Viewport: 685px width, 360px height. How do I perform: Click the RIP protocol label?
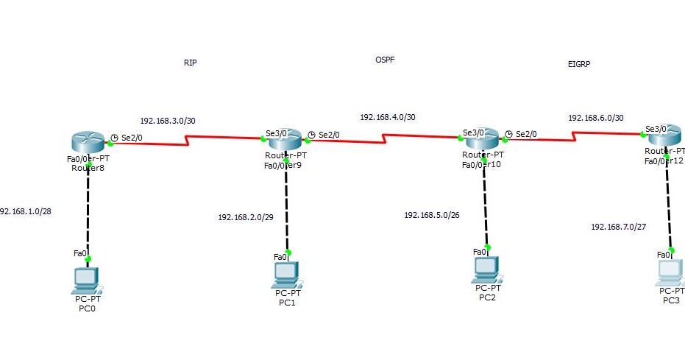pyautogui.click(x=190, y=63)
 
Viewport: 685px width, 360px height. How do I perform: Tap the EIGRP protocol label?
pyautogui.click(x=579, y=64)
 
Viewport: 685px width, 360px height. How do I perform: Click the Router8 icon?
pyautogui.click(x=88, y=141)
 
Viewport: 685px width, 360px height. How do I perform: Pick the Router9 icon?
pyautogui.click(x=285, y=138)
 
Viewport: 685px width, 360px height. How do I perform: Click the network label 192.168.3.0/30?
pyautogui.click(x=168, y=121)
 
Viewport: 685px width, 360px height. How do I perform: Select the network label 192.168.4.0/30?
pyautogui.click(x=388, y=117)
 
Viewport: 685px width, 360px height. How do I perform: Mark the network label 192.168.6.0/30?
pyautogui.click(x=596, y=118)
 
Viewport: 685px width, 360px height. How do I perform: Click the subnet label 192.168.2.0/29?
pyautogui.click(x=246, y=217)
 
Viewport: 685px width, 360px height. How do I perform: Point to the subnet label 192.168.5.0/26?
pyautogui.click(x=433, y=215)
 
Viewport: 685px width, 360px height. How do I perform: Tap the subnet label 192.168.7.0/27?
pyautogui.click(x=619, y=227)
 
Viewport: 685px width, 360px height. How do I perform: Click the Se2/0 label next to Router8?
pyautogui.click(x=132, y=137)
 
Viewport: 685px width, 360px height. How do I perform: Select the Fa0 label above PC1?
pyautogui.click(x=280, y=256)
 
